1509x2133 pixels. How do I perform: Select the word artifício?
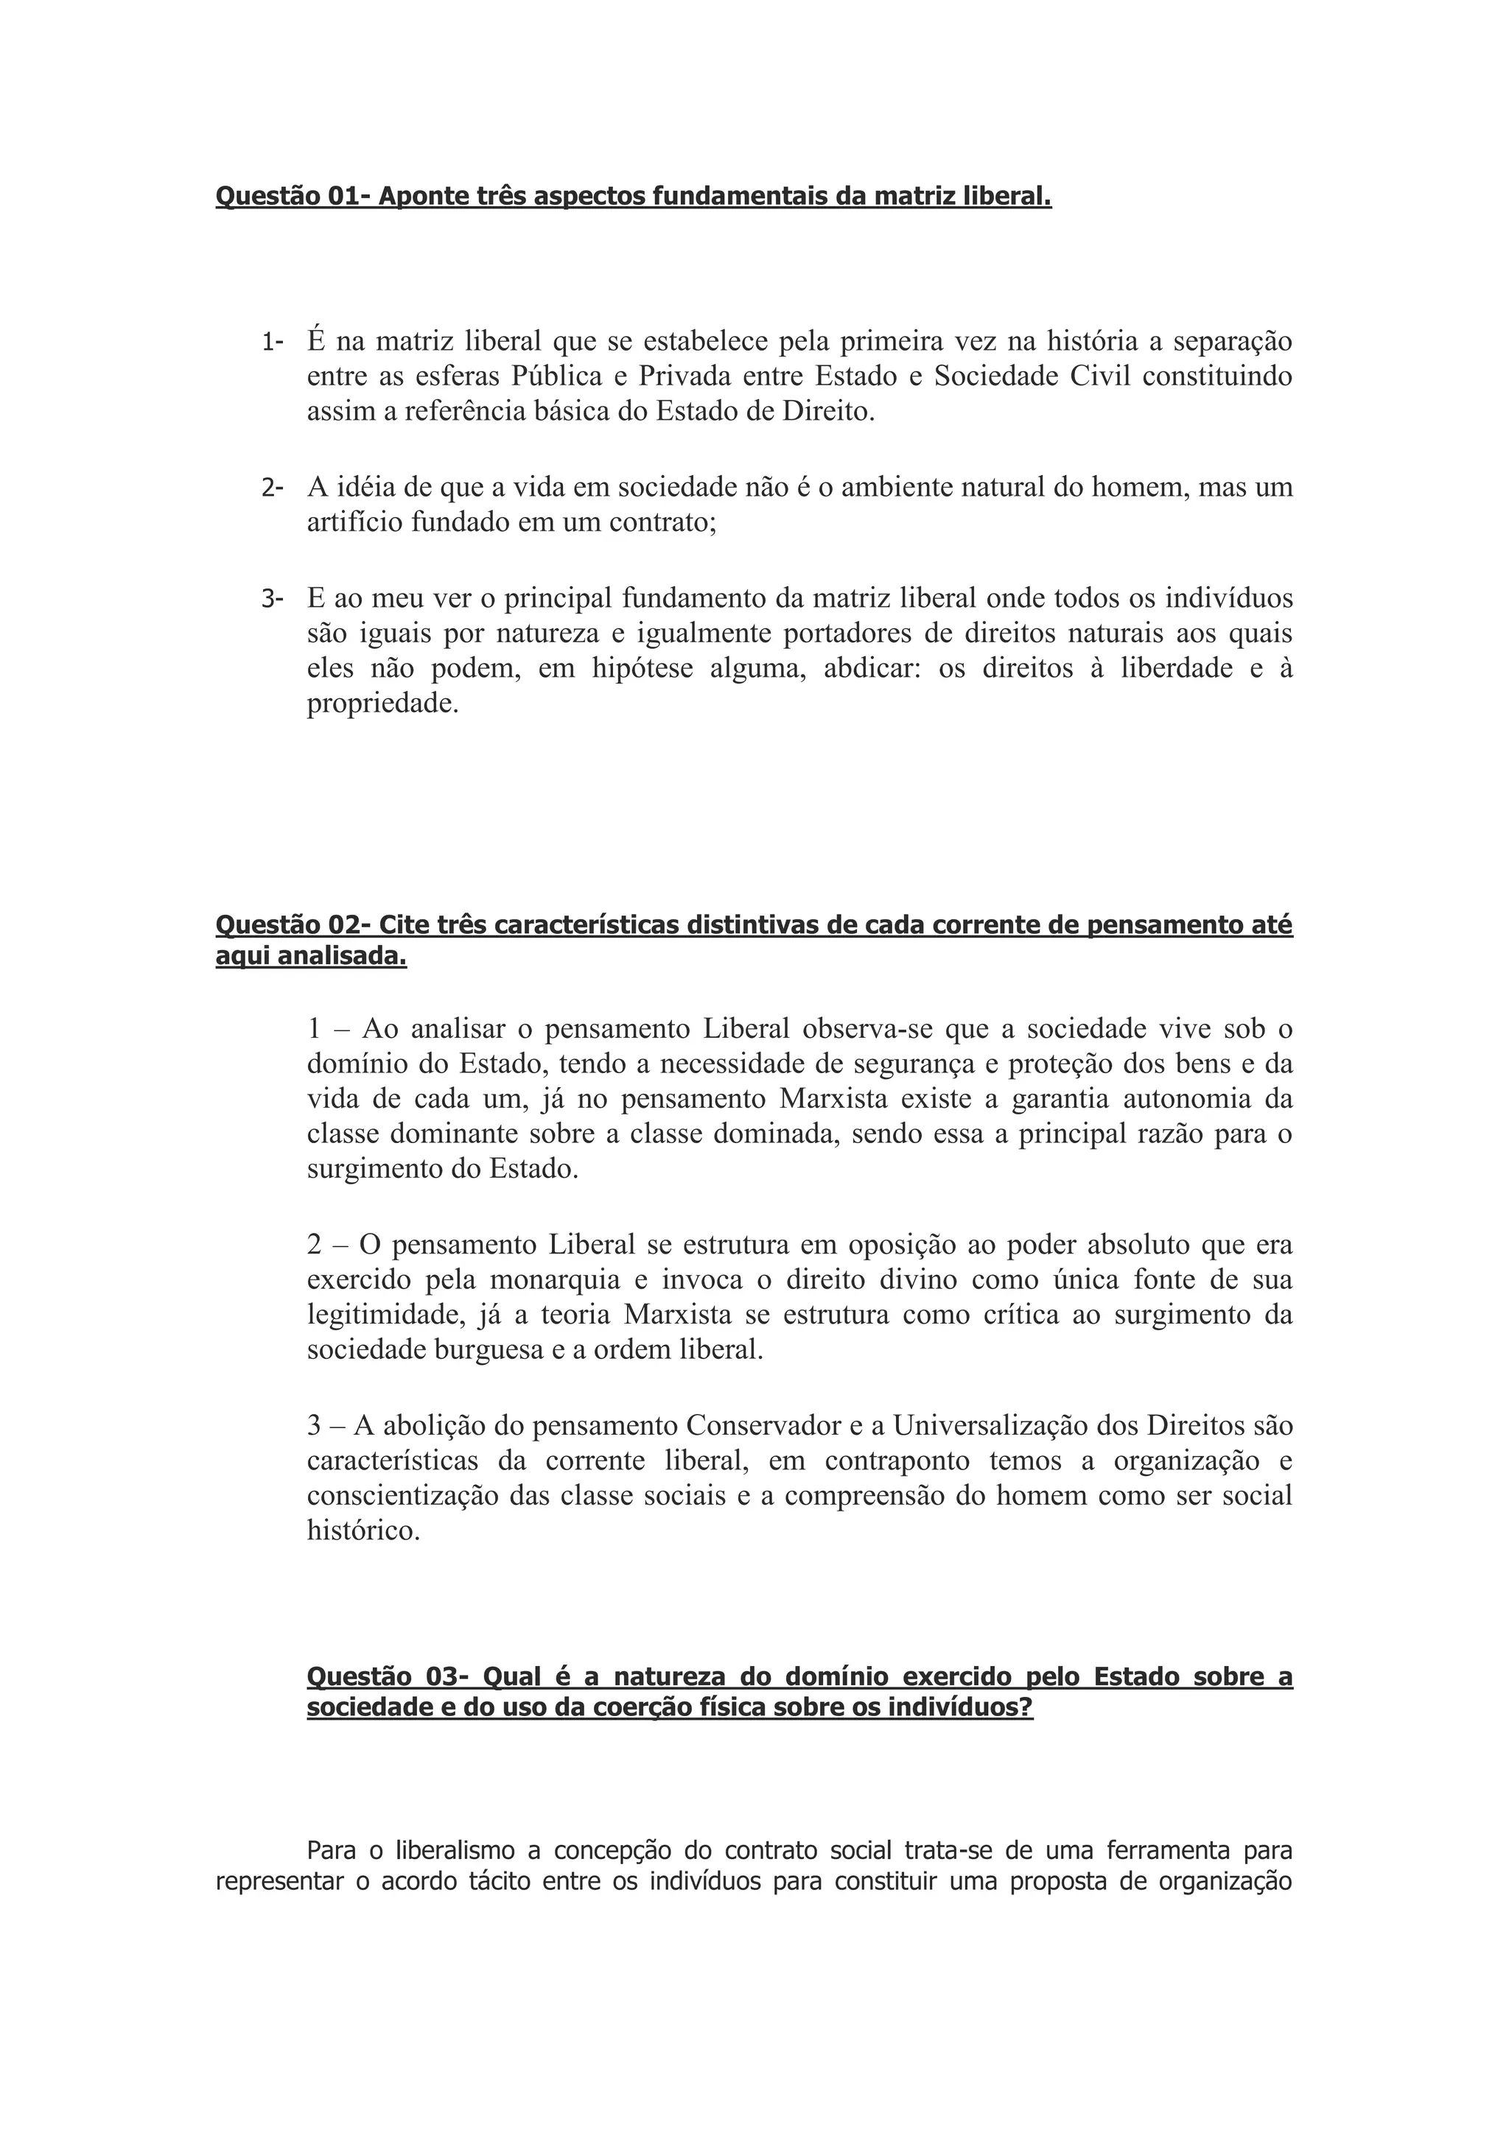click(x=355, y=523)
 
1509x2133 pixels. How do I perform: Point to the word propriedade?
click(x=383, y=704)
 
